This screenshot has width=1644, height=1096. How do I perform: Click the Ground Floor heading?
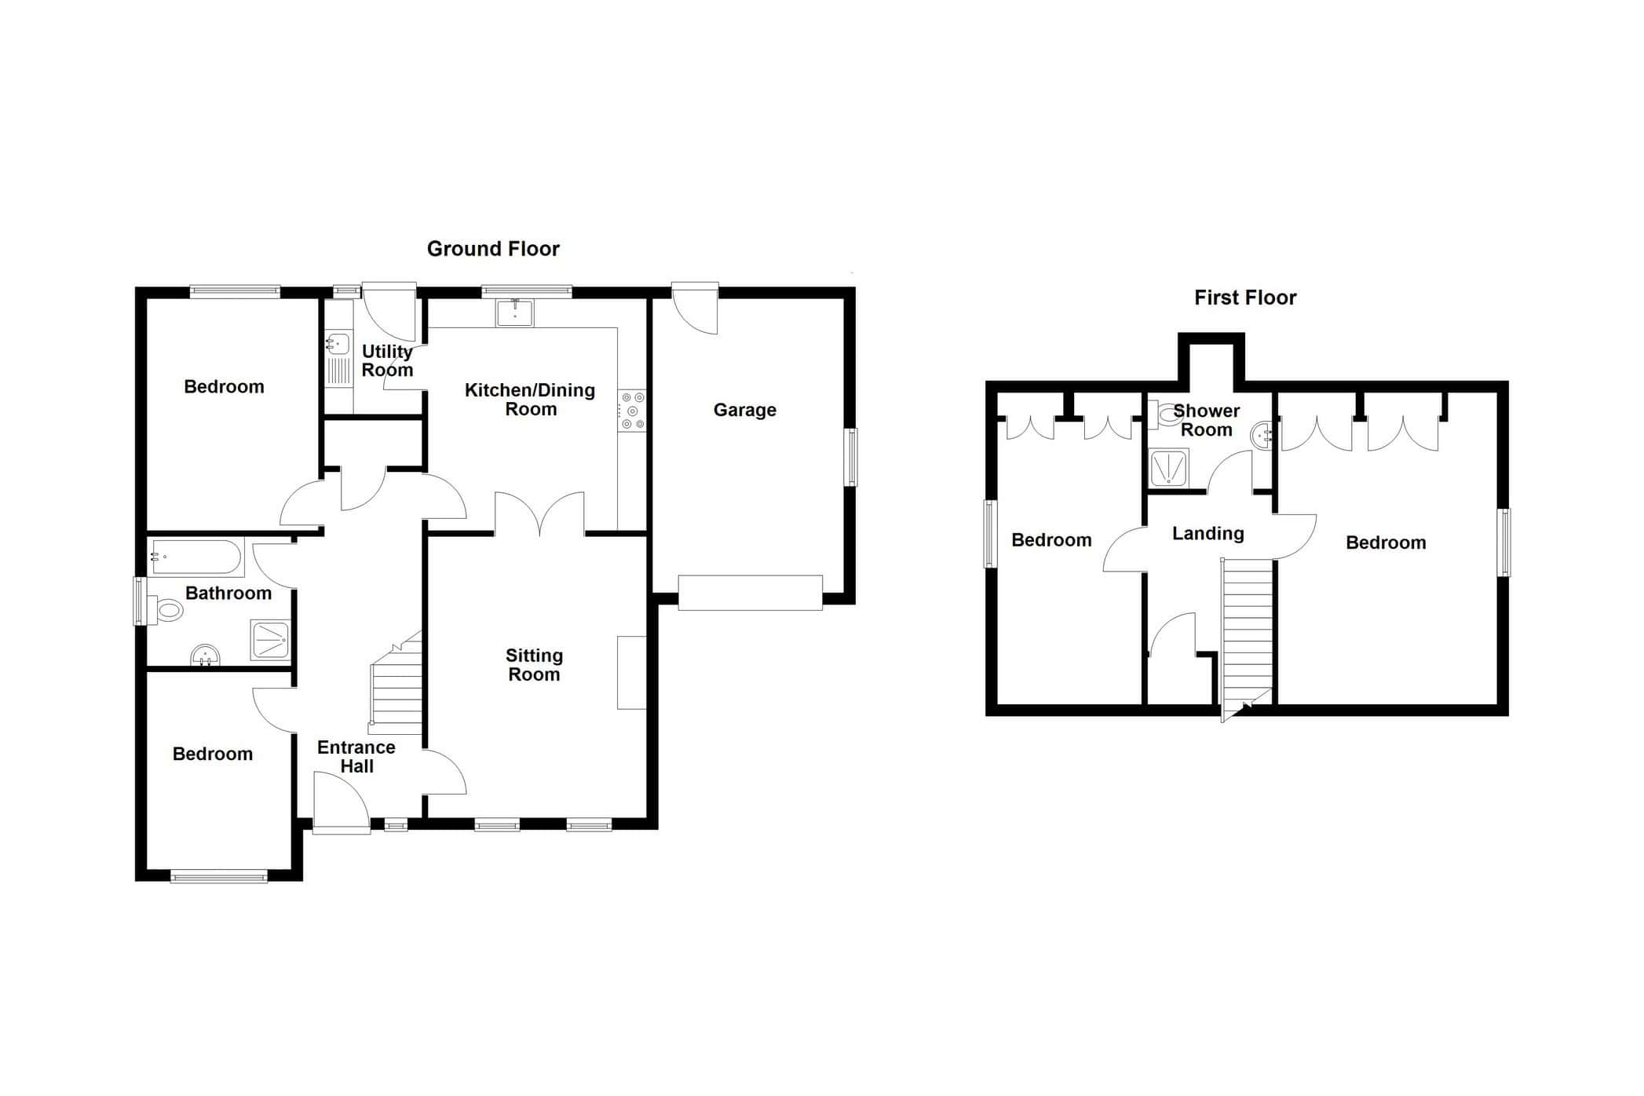pyautogui.click(x=493, y=249)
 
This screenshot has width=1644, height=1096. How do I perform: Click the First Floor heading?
pyautogui.click(x=1245, y=298)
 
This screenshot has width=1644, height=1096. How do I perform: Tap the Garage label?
pyautogui.click(x=744, y=411)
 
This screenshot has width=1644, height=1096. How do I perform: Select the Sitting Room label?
pyautogui.click(x=534, y=665)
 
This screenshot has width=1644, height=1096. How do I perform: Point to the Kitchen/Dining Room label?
pyautogui.click(x=530, y=400)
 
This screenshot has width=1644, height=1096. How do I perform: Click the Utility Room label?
pyautogui.click(x=387, y=361)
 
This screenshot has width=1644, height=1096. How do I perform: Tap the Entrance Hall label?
pyautogui.click(x=356, y=757)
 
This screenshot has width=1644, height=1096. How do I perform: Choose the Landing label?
pyautogui.click(x=1208, y=535)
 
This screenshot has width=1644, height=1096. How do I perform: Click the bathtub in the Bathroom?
pyautogui.click(x=196, y=557)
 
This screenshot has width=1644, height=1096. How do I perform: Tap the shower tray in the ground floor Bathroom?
pyautogui.click(x=270, y=640)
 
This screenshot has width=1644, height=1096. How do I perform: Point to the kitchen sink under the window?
pyautogui.click(x=514, y=313)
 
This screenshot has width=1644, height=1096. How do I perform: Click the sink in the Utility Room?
pyautogui.click(x=338, y=345)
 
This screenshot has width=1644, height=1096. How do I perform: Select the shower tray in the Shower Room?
pyautogui.click(x=1169, y=469)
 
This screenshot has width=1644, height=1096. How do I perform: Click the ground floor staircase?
pyautogui.click(x=396, y=683)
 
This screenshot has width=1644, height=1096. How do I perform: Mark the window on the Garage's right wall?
pyautogui.click(x=851, y=457)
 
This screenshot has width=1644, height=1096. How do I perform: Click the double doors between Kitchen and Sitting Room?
pyautogui.click(x=539, y=513)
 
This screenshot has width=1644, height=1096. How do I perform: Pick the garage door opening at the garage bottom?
pyautogui.click(x=751, y=593)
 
